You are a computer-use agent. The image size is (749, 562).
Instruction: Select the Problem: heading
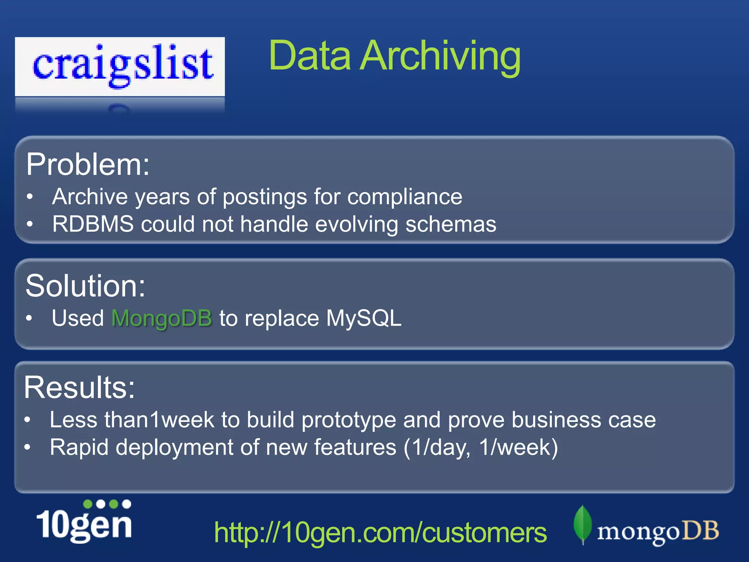[x=88, y=165]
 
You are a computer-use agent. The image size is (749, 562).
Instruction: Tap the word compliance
[x=404, y=197]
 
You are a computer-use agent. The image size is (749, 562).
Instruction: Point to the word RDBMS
[x=93, y=224]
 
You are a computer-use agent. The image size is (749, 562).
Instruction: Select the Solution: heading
[x=85, y=286]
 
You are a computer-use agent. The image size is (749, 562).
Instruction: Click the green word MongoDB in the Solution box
[x=162, y=318]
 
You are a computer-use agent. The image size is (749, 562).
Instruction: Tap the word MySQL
[x=364, y=318]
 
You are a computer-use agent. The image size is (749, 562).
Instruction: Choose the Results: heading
[x=79, y=387]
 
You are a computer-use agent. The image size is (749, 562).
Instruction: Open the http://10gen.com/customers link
[x=380, y=533]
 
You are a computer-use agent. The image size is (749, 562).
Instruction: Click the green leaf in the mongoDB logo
[x=583, y=524]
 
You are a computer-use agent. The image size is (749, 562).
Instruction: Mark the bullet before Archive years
[x=30, y=197]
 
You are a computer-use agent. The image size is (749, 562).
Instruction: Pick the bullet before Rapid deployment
[x=28, y=447]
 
